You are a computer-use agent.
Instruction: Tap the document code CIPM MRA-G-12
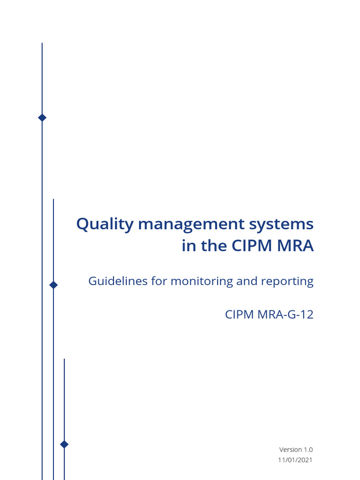[x=269, y=314]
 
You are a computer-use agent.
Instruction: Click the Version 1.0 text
[x=296, y=450]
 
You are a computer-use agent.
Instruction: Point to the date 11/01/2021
[x=295, y=460]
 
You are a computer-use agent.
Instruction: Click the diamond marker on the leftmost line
[x=42, y=118]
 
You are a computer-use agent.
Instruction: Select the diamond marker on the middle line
[x=53, y=285]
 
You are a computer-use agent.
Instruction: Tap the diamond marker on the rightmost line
[x=64, y=444]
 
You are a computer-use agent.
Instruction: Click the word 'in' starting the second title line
[x=188, y=246]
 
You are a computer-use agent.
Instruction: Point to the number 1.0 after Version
[x=308, y=450]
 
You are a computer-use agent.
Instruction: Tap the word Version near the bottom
[x=291, y=450]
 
